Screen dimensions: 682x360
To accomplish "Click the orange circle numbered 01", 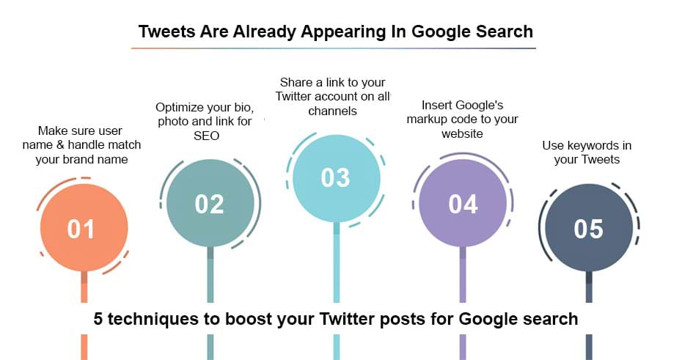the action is [84, 228].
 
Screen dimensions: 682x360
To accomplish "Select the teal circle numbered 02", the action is [210, 203].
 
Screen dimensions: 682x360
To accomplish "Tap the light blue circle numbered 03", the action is [337, 178].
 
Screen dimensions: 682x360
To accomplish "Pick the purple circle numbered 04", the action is [463, 203].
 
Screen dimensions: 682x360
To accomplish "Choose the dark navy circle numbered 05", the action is [589, 228].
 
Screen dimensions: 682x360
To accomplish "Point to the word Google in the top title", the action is [441, 32].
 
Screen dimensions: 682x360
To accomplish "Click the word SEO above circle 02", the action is [206, 136].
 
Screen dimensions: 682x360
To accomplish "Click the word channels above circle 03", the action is [332, 111].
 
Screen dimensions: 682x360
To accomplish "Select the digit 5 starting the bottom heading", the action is [98, 319].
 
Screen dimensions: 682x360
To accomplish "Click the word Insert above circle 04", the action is [436, 106].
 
